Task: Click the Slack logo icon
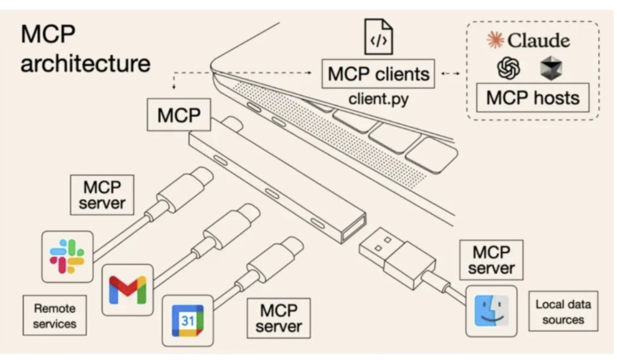pyautogui.click(x=67, y=256)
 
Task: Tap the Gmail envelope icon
pyautogui.click(x=127, y=289)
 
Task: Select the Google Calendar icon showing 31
pyautogui.click(x=187, y=320)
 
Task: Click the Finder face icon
pyautogui.click(x=491, y=311)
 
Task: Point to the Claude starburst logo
pyautogui.click(x=496, y=40)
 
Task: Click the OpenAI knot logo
pyautogui.click(x=509, y=68)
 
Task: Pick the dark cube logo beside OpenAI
pyautogui.click(x=551, y=68)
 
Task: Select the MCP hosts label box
pyautogui.click(x=533, y=97)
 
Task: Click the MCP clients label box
pyautogui.click(x=378, y=74)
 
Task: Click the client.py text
pyautogui.click(x=378, y=99)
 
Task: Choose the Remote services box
pyautogui.click(x=54, y=315)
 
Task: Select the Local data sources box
pyautogui.click(x=563, y=312)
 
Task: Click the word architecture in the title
pyautogui.click(x=85, y=63)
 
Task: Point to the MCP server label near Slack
pyautogui.click(x=101, y=195)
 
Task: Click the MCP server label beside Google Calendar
pyautogui.click(x=278, y=318)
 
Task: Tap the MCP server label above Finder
pyautogui.click(x=491, y=260)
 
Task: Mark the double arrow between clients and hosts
pyautogui.click(x=451, y=74)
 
